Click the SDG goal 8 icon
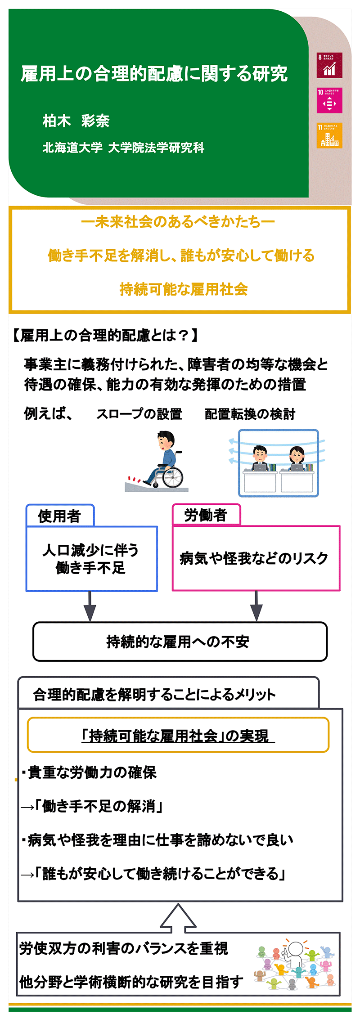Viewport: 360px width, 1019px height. [329, 65]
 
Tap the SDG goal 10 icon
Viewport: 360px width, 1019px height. [329, 100]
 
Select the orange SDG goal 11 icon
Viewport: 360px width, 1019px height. [329, 135]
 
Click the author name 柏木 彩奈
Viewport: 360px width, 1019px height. [76, 121]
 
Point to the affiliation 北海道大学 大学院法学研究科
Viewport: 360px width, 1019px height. [123, 148]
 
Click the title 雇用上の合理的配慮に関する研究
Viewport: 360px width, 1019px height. [154, 74]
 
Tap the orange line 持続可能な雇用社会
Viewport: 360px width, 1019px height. [184, 289]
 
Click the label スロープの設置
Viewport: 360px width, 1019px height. [139, 414]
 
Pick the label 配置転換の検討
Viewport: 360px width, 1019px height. [250, 414]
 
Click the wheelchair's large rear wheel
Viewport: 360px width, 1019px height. [173, 477]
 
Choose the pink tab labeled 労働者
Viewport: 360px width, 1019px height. [206, 515]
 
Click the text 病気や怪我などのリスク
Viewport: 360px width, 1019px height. [254, 558]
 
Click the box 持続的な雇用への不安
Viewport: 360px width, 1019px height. [180, 642]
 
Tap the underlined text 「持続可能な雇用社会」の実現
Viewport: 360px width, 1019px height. [178, 736]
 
